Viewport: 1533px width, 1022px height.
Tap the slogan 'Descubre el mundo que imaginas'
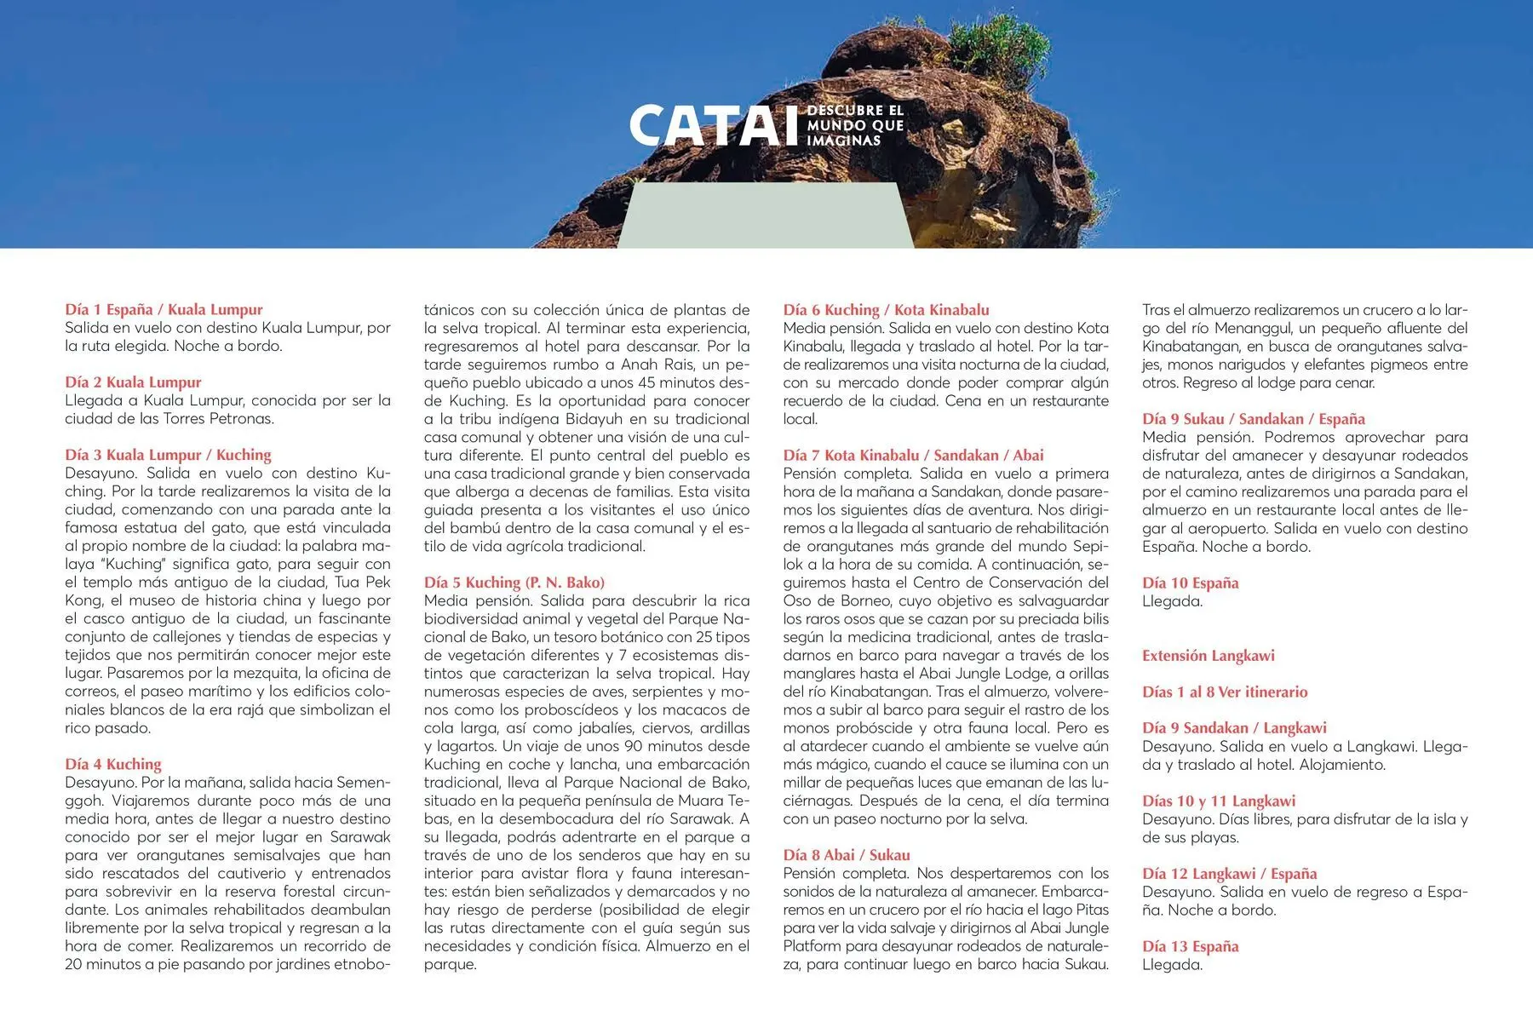coord(854,125)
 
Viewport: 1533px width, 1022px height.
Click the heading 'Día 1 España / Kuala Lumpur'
coord(164,310)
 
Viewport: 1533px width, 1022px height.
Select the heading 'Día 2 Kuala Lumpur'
coord(133,382)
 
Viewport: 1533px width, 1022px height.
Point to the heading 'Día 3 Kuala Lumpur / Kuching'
coord(168,455)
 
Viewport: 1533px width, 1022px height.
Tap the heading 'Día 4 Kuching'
coord(113,764)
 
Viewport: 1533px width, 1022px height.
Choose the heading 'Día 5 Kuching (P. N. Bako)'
coord(514,583)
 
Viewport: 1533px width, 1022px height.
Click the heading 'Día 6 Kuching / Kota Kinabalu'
coord(886,310)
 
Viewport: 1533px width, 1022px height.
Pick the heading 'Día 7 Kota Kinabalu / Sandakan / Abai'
coord(913,455)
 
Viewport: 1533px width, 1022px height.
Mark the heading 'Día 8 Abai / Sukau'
coord(847,855)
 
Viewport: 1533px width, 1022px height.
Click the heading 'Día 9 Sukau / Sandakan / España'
coord(1253,419)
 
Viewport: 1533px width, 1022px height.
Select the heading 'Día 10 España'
coord(1190,583)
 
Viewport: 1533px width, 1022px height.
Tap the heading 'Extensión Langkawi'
coord(1208,656)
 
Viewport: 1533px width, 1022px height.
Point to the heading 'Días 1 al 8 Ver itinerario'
coord(1224,692)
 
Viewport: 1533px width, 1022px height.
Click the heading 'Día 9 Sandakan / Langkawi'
coord(1234,728)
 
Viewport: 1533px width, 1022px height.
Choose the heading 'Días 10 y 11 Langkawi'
coord(1218,801)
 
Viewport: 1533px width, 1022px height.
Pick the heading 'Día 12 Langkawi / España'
coord(1229,874)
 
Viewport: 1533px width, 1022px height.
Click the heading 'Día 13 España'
coord(1190,946)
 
